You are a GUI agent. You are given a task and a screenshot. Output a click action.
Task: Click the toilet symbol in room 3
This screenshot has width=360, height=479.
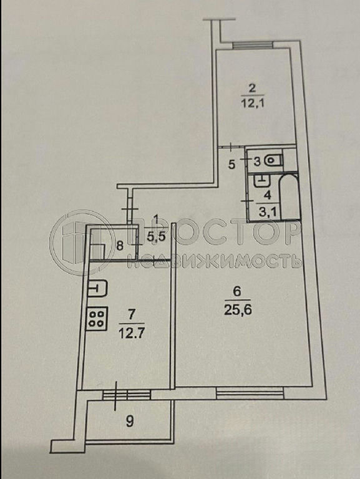point(273,160)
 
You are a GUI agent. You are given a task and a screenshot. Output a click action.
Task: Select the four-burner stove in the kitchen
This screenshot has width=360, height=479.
point(97,318)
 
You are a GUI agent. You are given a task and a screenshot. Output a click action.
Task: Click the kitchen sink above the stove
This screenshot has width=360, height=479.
point(97,288)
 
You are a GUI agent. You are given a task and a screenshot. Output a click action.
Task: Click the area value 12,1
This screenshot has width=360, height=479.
point(252,102)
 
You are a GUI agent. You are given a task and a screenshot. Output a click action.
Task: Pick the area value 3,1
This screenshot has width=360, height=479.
point(268,211)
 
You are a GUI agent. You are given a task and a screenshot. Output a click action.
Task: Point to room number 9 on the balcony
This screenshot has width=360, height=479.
point(130,422)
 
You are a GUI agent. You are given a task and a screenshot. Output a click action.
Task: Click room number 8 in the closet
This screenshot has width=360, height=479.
point(120,246)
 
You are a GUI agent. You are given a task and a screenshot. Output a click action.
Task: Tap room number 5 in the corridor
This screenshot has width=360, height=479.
point(232,165)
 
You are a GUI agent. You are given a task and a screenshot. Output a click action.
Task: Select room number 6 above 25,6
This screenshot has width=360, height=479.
point(237,292)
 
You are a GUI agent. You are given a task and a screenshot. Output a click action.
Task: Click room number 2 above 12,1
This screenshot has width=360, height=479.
point(252,89)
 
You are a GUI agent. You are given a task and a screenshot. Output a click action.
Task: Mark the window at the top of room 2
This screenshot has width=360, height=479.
point(253,45)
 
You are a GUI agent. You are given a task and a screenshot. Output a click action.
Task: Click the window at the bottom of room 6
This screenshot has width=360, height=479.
point(250,392)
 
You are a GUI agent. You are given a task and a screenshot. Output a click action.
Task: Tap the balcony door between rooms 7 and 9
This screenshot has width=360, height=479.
point(126,395)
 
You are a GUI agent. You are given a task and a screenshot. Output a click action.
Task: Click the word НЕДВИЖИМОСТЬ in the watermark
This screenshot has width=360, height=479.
point(214,261)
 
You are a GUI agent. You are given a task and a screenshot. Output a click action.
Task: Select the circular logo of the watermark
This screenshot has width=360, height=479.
point(79,241)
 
